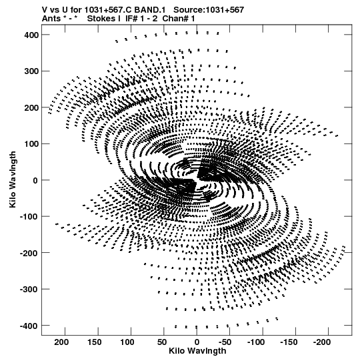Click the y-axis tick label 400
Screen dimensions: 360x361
pos(31,35)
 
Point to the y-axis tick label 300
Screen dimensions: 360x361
pos(31,71)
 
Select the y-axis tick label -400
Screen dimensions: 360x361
pos(29,326)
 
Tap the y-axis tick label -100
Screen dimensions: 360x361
pos(29,217)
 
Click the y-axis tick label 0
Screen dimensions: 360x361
pos(35,180)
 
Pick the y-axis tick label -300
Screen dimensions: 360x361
pos(29,290)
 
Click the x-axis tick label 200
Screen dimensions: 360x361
pos(61,342)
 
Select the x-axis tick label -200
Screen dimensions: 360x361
pos(322,342)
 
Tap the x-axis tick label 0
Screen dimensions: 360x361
pos(197,342)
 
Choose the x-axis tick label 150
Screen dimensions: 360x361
pos(94,342)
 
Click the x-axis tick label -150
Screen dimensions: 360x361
pos(289,342)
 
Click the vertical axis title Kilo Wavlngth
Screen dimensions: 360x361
pos(13,179)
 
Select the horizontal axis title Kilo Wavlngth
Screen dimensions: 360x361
pos(197,351)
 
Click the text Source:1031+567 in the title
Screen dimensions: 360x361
pos(209,10)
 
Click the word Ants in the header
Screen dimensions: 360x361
pos(51,19)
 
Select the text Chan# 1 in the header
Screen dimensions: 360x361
pos(179,19)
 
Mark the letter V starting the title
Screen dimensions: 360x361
pos(45,10)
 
